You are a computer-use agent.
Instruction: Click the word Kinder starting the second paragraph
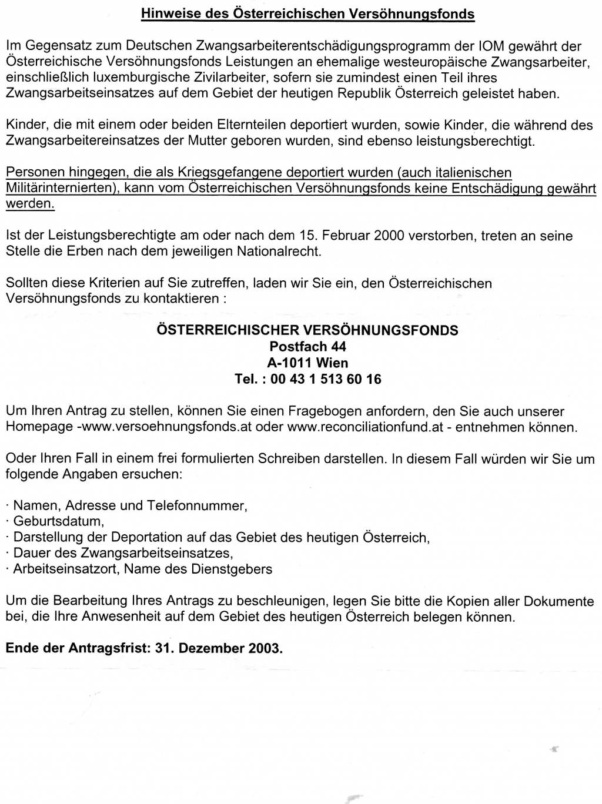click(x=26, y=125)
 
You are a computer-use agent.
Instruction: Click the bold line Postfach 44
click(x=307, y=346)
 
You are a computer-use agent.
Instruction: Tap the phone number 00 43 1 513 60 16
click(x=326, y=379)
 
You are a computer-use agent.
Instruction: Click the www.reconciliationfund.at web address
click(x=365, y=427)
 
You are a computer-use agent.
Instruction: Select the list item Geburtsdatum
click(x=58, y=521)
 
